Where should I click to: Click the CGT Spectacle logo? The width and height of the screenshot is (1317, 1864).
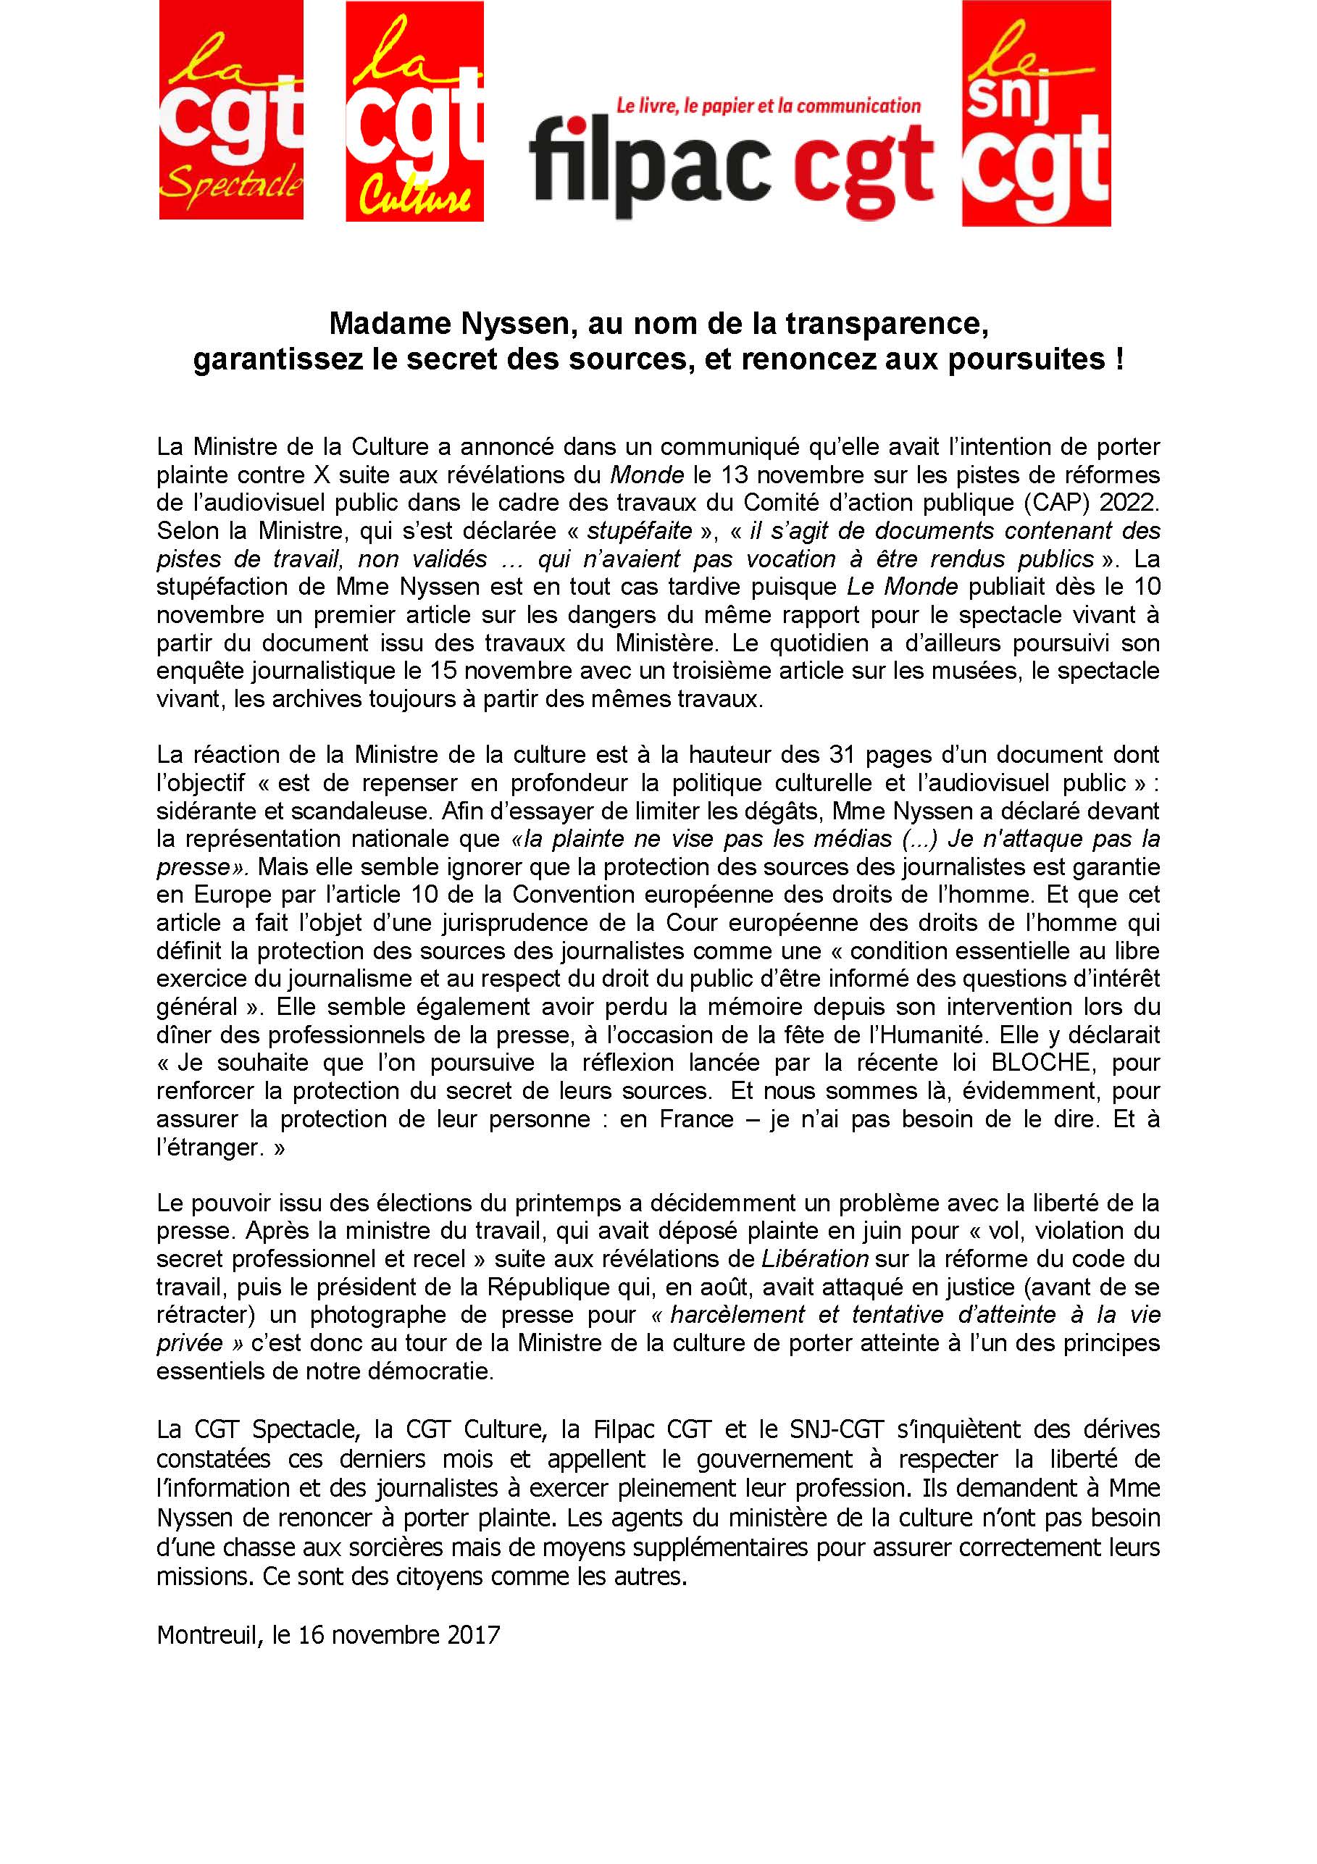[x=230, y=109]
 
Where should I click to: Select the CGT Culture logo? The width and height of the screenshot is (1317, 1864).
[x=414, y=112]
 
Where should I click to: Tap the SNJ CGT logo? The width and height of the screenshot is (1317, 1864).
[x=1036, y=113]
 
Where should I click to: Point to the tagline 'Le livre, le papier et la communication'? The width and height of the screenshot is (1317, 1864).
[x=768, y=106]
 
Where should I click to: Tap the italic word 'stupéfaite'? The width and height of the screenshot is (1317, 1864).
[x=640, y=531]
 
